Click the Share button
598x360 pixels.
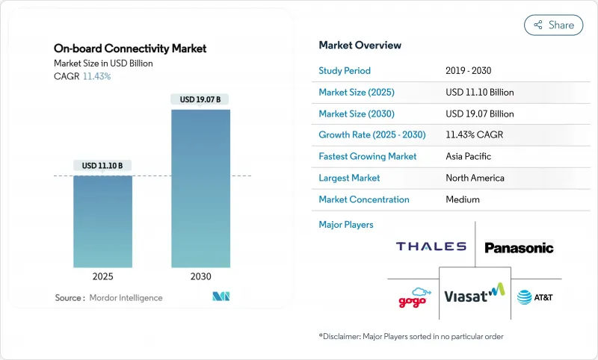(553, 25)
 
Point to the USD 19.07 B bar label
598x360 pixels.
(200, 99)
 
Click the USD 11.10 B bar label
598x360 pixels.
(102, 165)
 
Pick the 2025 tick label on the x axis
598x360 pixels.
(102, 276)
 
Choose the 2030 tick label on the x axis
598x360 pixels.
(200, 276)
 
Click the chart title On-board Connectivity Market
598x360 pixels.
(130, 49)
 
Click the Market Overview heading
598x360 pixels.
(360, 46)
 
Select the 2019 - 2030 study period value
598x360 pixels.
(469, 71)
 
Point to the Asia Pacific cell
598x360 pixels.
(469, 157)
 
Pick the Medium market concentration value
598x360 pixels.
(462, 199)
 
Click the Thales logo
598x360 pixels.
(431, 246)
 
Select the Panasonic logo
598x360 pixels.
(519, 247)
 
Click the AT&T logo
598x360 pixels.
(534, 297)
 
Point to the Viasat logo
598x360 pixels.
(475, 296)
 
